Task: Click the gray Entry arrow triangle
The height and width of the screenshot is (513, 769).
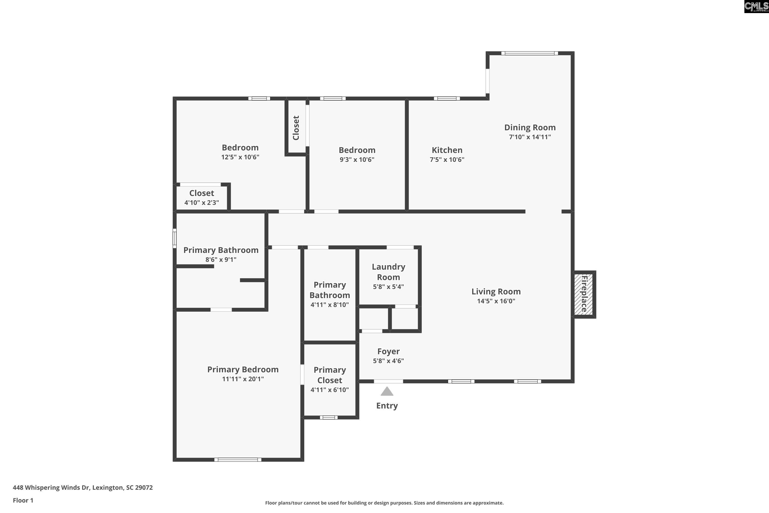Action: [x=387, y=392]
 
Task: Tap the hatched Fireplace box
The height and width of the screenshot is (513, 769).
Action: [x=584, y=294]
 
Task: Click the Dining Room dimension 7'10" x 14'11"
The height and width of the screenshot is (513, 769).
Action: [x=530, y=137]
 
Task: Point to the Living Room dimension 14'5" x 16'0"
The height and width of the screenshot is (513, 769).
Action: [x=496, y=301]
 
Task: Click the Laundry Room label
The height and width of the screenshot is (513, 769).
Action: [x=388, y=272]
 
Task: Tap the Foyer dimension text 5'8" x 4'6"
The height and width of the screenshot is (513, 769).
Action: [x=388, y=361]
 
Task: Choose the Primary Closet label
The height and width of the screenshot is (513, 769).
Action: [x=330, y=375]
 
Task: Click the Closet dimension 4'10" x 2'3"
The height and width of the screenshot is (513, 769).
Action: [x=201, y=203]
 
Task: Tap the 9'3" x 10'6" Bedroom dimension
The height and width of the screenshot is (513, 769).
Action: [x=357, y=160]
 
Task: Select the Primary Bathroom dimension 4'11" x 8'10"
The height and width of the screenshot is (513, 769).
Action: [x=330, y=305]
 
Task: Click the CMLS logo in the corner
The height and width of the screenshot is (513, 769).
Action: [x=756, y=7]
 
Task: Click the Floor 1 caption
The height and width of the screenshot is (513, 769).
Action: [x=23, y=500]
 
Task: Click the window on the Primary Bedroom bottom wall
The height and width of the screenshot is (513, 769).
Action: [x=238, y=460]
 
